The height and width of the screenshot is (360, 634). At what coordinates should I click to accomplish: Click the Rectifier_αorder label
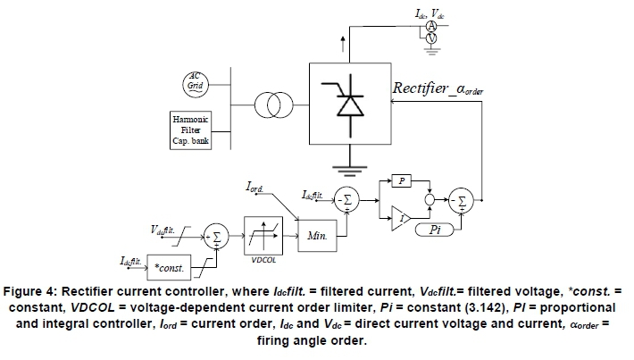437,88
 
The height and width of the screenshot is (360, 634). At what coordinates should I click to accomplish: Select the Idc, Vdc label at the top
432,13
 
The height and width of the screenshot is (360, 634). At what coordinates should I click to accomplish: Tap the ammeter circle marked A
430,26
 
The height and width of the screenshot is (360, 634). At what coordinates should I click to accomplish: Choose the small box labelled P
403,181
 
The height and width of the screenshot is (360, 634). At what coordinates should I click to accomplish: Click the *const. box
171,268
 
